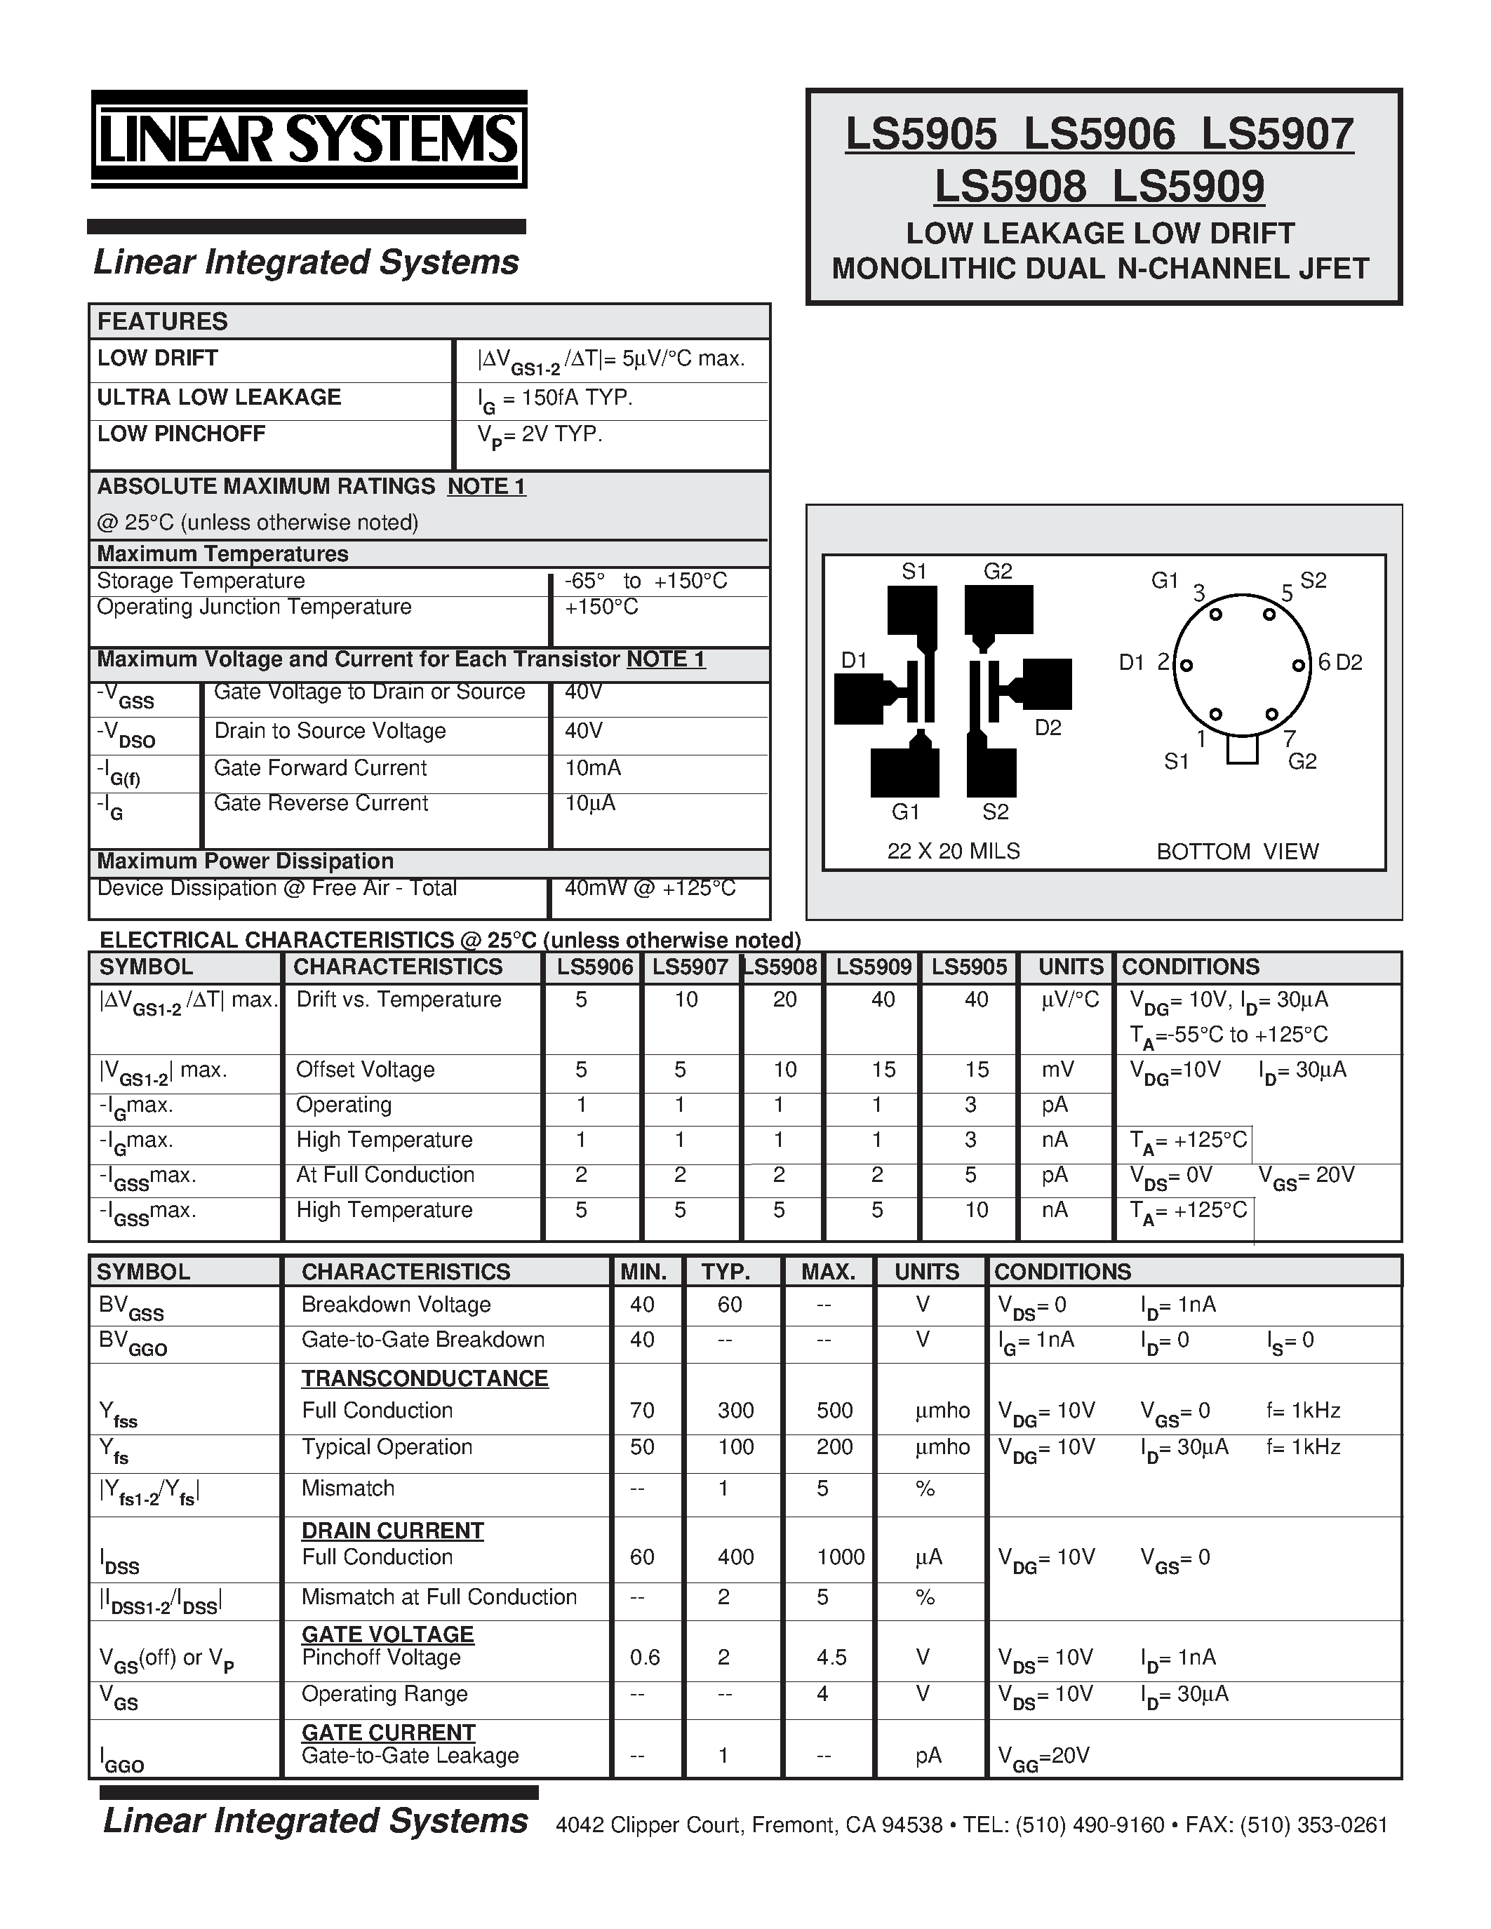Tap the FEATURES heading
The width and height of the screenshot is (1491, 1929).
[163, 321]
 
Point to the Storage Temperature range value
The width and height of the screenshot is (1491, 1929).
[646, 582]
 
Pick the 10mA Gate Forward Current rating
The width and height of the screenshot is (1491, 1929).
[593, 768]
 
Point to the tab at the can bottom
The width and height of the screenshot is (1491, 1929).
[1242, 750]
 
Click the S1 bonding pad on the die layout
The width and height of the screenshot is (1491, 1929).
[911, 610]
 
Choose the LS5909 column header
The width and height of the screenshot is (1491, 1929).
[873, 967]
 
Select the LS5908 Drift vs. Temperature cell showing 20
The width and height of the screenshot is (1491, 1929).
[784, 1000]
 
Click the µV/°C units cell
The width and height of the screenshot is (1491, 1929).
[1070, 1000]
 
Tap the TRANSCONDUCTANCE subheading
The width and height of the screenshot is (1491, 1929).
[425, 1379]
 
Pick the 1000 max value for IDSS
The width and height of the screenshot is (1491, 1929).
[840, 1557]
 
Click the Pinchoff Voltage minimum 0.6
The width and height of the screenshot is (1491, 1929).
[644, 1658]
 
